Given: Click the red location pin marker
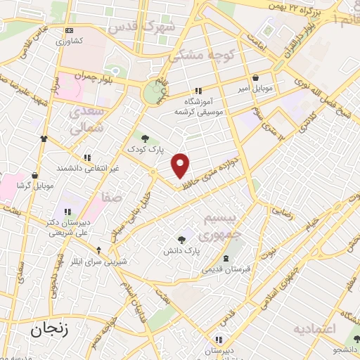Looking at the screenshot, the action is pos(181,165).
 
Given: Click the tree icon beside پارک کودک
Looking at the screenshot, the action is pos(145,139).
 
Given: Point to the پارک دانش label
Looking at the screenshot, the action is pos(182,250).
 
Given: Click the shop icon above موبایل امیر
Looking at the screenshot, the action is pos(255,77).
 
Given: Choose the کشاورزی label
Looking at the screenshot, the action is pos(69,41).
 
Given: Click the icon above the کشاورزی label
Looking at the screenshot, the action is pos(68,30).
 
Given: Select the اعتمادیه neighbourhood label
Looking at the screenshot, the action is pos(315,328).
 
